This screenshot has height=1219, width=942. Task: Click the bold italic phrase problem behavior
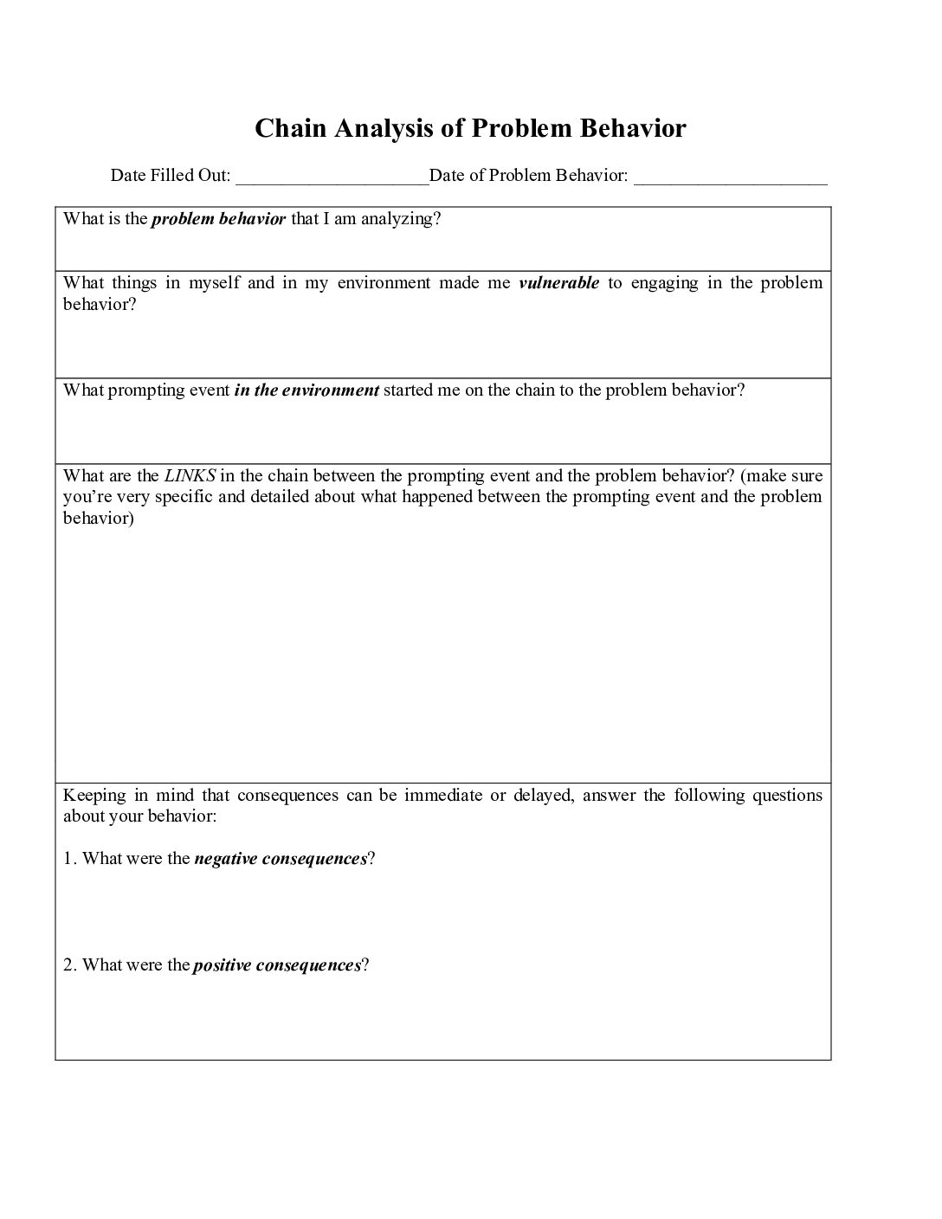point(218,219)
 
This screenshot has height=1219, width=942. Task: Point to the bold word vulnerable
point(558,283)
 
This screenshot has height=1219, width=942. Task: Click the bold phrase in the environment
point(306,390)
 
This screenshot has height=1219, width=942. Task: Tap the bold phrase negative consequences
point(281,859)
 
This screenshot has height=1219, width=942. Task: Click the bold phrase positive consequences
point(277,965)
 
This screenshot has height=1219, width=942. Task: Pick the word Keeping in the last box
point(94,796)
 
